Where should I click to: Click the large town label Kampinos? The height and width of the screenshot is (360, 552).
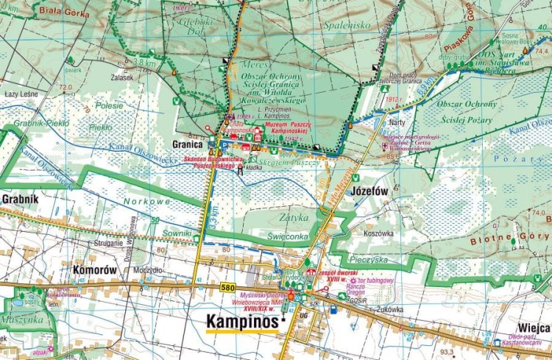[242, 322]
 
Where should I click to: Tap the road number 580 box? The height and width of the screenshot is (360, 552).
[228, 287]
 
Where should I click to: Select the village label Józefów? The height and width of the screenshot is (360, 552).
[369, 191]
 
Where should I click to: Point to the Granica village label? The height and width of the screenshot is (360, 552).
[188, 145]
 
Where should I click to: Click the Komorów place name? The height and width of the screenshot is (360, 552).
[95, 269]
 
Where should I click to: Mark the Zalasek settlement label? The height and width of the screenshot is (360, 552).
[122, 77]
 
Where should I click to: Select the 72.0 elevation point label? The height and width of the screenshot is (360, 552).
[66, 87]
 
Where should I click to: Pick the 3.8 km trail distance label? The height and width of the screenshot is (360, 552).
[146, 63]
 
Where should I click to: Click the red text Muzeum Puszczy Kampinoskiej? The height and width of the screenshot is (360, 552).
[280, 133]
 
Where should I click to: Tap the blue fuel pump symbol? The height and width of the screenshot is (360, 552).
[333, 310]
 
